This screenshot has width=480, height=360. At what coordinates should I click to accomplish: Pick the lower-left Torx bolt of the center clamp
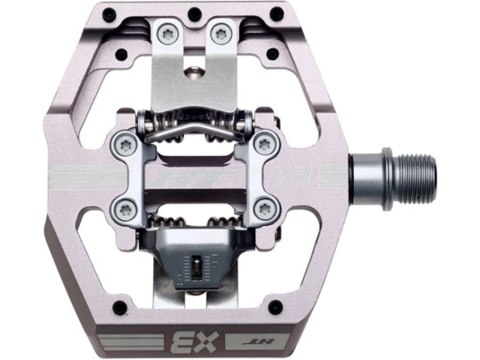point(124,208)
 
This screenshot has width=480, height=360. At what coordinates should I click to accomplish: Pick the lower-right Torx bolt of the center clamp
point(262,208)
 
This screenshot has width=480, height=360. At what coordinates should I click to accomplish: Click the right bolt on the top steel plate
point(222,34)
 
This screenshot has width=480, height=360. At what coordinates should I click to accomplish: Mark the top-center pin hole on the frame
point(194,14)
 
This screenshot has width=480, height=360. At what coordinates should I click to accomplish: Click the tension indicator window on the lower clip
point(198,268)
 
